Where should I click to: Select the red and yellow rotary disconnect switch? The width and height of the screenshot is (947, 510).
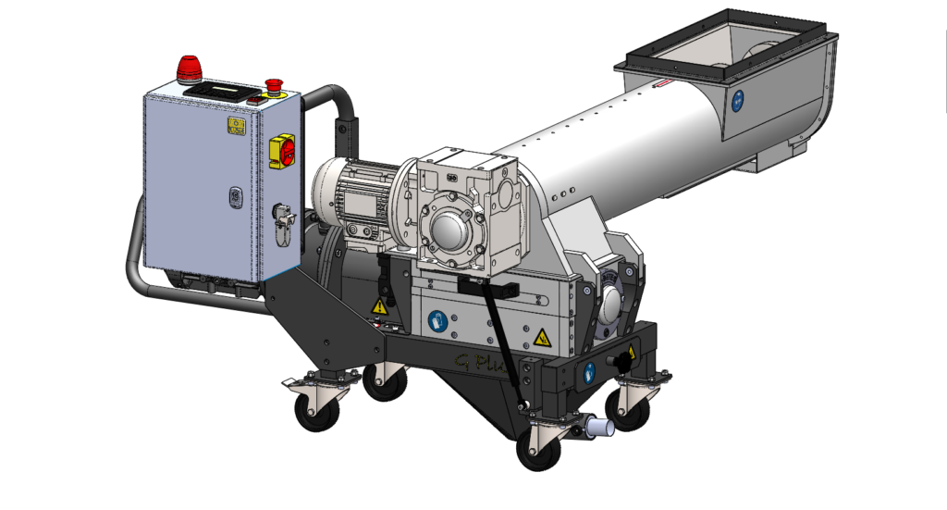tap(281, 150)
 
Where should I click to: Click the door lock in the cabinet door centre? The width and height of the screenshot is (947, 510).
tap(235, 197)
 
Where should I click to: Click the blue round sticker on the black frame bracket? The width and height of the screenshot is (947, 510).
tap(589, 373)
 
